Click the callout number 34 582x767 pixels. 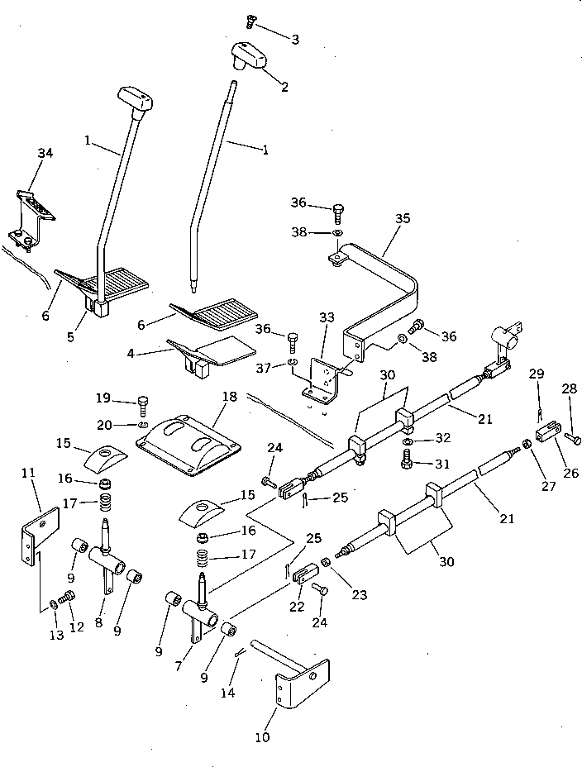tap(45, 153)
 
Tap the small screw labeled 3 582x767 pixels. tap(250, 22)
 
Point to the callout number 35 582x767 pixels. tap(403, 219)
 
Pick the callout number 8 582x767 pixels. tap(100, 623)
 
